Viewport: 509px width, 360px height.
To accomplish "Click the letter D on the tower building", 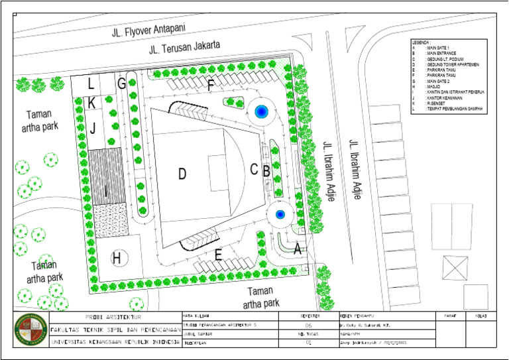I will [x=182, y=174].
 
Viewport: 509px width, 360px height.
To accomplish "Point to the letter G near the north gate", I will [x=121, y=84].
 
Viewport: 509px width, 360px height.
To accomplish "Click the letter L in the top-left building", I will [x=91, y=84].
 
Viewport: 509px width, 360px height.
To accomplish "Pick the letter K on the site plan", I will [x=91, y=103].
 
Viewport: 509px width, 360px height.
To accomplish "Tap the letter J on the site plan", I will [x=93, y=127].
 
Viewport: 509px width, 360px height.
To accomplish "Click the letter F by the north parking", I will [x=211, y=85].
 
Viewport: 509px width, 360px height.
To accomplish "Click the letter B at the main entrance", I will [x=266, y=170].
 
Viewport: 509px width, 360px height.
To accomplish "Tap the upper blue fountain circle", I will [x=261, y=111].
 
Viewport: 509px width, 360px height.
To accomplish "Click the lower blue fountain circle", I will [x=280, y=215].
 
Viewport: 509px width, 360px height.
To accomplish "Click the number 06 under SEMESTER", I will [x=308, y=326].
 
